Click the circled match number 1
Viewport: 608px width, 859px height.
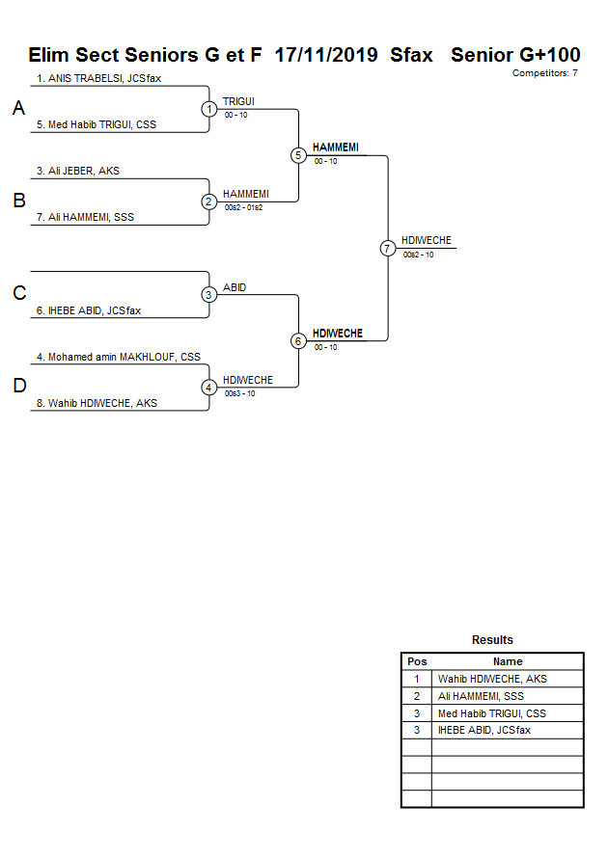pos(209,109)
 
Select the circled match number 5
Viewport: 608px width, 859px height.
pos(298,155)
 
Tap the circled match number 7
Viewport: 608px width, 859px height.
pos(388,249)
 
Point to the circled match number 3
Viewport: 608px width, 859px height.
pos(209,295)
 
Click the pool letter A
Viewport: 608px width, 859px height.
pos(18,109)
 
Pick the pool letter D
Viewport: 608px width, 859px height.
pos(18,387)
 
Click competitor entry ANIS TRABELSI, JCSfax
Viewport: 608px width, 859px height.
pos(98,78)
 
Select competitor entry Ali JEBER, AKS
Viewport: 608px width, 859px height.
pos(78,171)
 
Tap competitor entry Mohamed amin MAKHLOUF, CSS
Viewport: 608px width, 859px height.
pos(119,357)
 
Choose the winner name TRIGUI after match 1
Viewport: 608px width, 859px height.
pos(238,100)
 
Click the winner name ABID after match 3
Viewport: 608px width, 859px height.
pos(235,286)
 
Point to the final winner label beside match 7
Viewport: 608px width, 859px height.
pos(427,240)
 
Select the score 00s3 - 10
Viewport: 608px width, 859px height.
pos(240,393)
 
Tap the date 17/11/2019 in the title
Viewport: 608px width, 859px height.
pos(325,55)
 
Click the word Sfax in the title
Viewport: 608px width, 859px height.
pos(411,55)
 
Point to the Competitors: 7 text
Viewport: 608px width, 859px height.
pos(544,73)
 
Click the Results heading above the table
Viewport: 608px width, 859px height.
pos(492,640)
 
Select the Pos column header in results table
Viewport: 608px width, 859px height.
pos(417,661)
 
